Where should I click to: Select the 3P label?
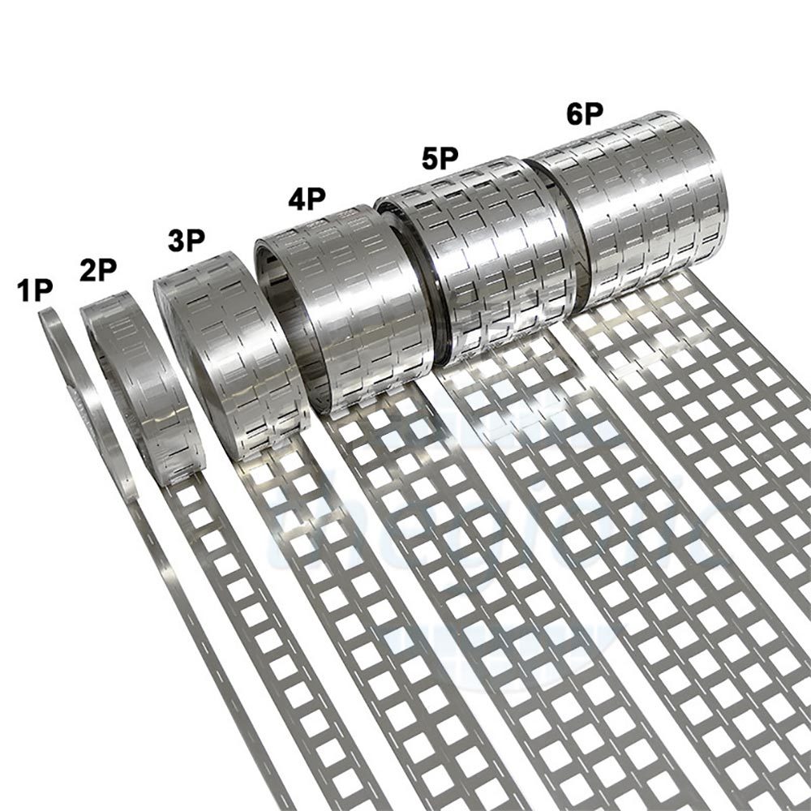[187, 241]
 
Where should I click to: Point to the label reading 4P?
[307, 200]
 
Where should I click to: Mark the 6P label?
[585, 114]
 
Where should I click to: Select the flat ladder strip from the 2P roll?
[268, 649]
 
